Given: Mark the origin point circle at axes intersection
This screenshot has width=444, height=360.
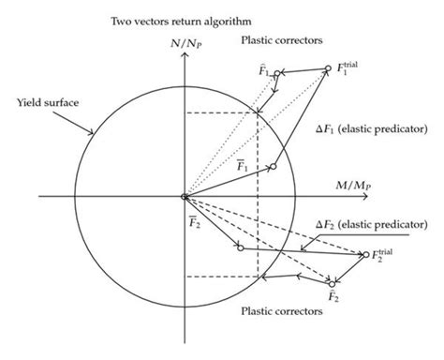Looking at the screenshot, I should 185,197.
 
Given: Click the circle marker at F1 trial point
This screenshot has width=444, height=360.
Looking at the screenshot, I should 327,68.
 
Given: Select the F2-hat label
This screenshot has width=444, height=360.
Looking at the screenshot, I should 332,298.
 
